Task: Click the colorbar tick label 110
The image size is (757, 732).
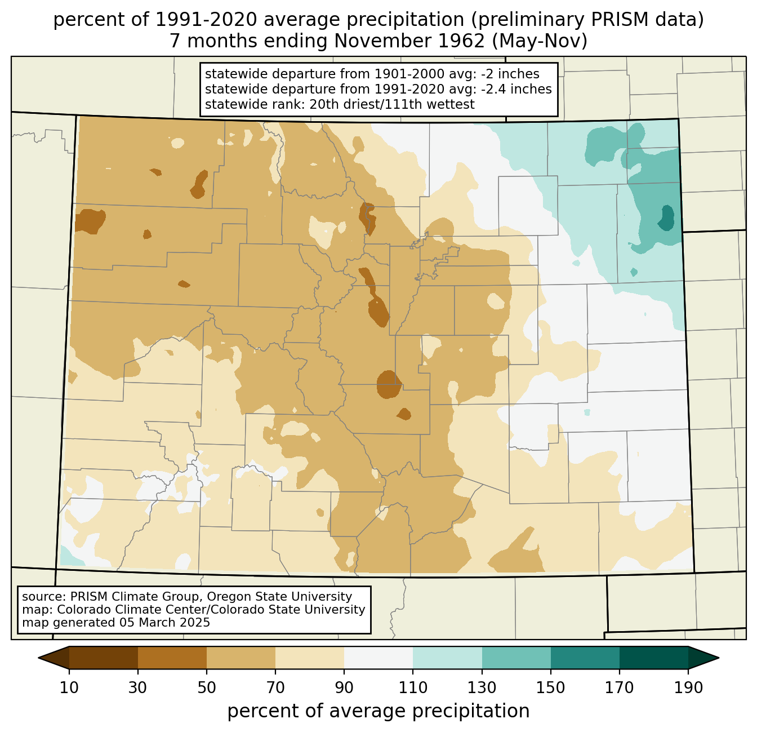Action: coord(413,687)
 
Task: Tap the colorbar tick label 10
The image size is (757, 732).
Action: coord(69,687)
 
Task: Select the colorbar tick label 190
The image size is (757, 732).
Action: coord(688,687)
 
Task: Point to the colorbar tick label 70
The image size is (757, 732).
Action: coord(275,687)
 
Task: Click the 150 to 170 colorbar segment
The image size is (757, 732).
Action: coord(585,658)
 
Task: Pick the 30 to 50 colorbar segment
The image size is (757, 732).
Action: coord(172,658)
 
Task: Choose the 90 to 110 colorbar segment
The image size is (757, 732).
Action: coord(379,658)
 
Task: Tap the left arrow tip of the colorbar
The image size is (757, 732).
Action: coord(38,658)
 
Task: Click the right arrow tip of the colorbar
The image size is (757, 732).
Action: coord(718,658)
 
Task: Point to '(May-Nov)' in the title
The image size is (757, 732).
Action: coord(540,41)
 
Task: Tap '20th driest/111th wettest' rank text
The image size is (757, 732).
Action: coord(392,104)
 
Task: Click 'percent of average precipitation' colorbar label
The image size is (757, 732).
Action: coord(378,711)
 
